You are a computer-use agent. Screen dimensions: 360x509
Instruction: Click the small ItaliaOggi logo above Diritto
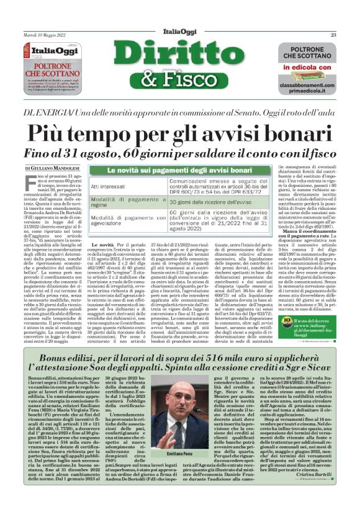click(180, 34)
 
